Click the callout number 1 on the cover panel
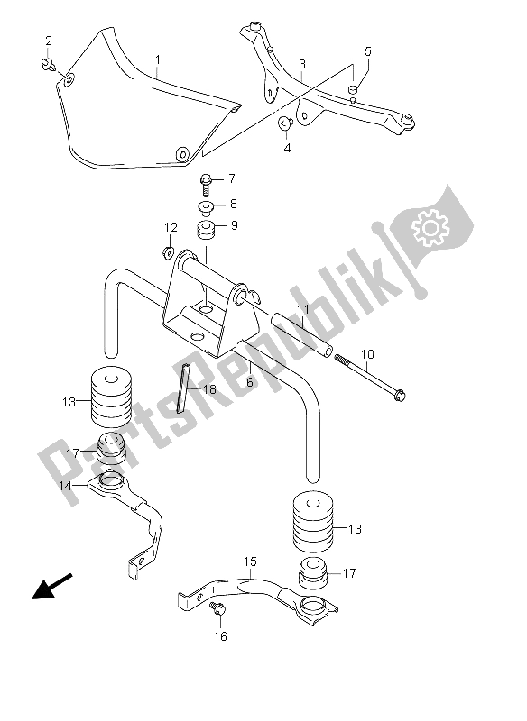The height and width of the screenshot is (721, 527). pyautogui.click(x=158, y=61)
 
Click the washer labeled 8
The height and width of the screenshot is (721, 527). pyautogui.click(x=207, y=205)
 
